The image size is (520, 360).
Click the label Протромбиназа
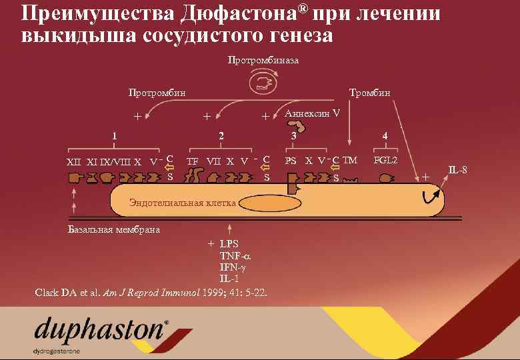263,61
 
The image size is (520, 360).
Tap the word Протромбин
157,93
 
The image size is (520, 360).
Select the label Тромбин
370,93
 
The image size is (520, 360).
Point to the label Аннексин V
312,113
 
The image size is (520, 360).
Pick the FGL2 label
385,161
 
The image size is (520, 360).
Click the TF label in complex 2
193,161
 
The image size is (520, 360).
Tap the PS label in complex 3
291,161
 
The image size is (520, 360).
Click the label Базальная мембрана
114,230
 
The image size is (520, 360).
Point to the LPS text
229,244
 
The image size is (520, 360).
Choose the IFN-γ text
233,267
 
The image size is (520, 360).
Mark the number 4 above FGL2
385,137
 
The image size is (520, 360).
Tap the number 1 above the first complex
115,137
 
